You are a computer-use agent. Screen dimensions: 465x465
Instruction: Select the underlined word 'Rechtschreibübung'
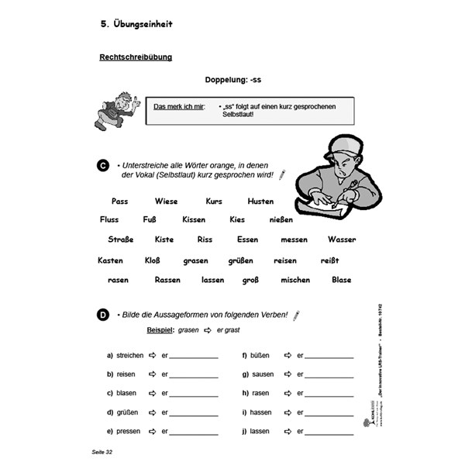136,57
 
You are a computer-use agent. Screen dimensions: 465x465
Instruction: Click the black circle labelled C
103,166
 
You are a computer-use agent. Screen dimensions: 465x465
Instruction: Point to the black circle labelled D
103,315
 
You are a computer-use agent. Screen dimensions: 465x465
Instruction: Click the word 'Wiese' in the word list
166,201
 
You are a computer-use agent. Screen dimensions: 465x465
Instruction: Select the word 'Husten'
260,201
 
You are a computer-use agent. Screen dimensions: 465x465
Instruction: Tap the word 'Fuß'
150,219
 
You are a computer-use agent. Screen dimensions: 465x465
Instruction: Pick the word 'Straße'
120,239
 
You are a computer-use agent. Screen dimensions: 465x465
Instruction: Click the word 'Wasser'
341,239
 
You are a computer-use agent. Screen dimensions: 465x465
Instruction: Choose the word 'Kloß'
153,260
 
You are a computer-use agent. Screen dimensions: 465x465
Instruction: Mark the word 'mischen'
295,280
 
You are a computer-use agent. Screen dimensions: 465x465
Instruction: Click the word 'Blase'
341,280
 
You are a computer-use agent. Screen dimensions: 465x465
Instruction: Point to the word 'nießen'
281,219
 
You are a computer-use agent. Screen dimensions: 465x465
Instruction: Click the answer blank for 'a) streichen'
194,356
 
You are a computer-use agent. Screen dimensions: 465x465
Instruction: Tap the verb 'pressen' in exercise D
128,431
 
